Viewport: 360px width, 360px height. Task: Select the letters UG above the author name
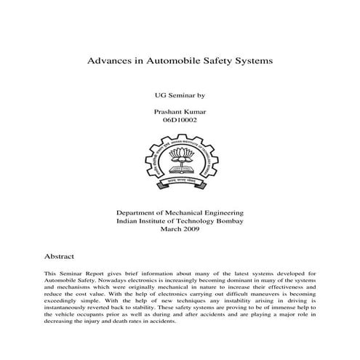coord(159,95)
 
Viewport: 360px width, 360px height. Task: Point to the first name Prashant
coord(168,111)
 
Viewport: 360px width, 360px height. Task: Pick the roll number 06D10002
coord(180,120)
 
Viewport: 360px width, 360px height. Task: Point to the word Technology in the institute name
coord(191,220)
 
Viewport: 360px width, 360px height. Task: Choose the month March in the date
coord(169,229)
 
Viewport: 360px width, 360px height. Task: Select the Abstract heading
coord(59,257)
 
